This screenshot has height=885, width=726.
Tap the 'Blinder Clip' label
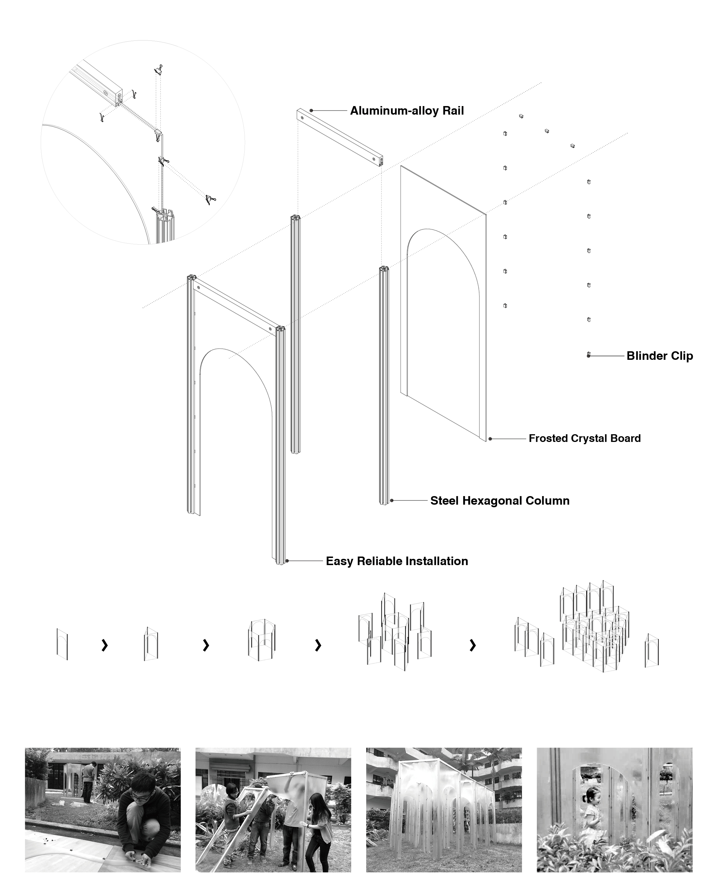click(x=660, y=356)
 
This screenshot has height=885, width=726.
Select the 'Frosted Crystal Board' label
click(x=584, y=438)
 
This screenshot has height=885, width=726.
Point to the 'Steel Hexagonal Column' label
click(x=499, y=501)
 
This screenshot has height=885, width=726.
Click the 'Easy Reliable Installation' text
click(x=396, y=561)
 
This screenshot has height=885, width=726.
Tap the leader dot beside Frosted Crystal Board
click(x=490, y=439)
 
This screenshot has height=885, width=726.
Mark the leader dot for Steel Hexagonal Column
click(x=392, y=500)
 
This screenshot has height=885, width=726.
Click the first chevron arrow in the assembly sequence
click(x=105, y=645)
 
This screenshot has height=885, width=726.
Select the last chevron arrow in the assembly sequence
click(x=473, y=645)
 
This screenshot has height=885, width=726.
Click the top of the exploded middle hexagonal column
click(x=295, y=218)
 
